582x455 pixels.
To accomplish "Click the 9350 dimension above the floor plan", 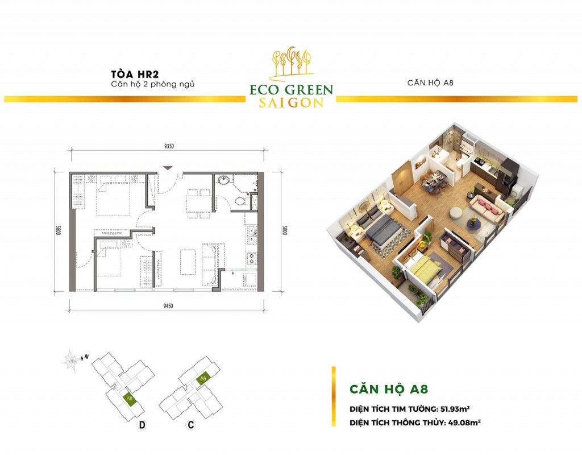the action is tap(168, 146).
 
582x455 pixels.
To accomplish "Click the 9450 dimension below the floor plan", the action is tap(168, 305).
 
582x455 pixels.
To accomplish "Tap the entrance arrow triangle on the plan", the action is tap(168, 168).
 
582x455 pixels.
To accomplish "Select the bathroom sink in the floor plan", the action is tap(224, 180).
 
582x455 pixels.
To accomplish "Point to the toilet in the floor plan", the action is tap(241, 201).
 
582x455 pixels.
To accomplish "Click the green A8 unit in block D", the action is tap(130, 399).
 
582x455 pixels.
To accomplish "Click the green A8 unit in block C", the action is tap(203, 378).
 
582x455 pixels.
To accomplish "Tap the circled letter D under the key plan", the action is tap(142, 425).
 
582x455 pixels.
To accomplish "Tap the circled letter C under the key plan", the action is tap(191, 424).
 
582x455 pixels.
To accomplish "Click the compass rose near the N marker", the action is tap(71, 360).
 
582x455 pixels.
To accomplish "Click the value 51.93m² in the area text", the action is tap(455, 409).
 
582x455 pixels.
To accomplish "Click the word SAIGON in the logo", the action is tap(291, 103).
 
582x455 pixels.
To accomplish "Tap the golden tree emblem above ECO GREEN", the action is tap(292, 63).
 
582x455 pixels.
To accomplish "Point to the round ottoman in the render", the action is tap(456, 213).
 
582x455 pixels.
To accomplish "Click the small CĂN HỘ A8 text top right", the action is tap(430, 82).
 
